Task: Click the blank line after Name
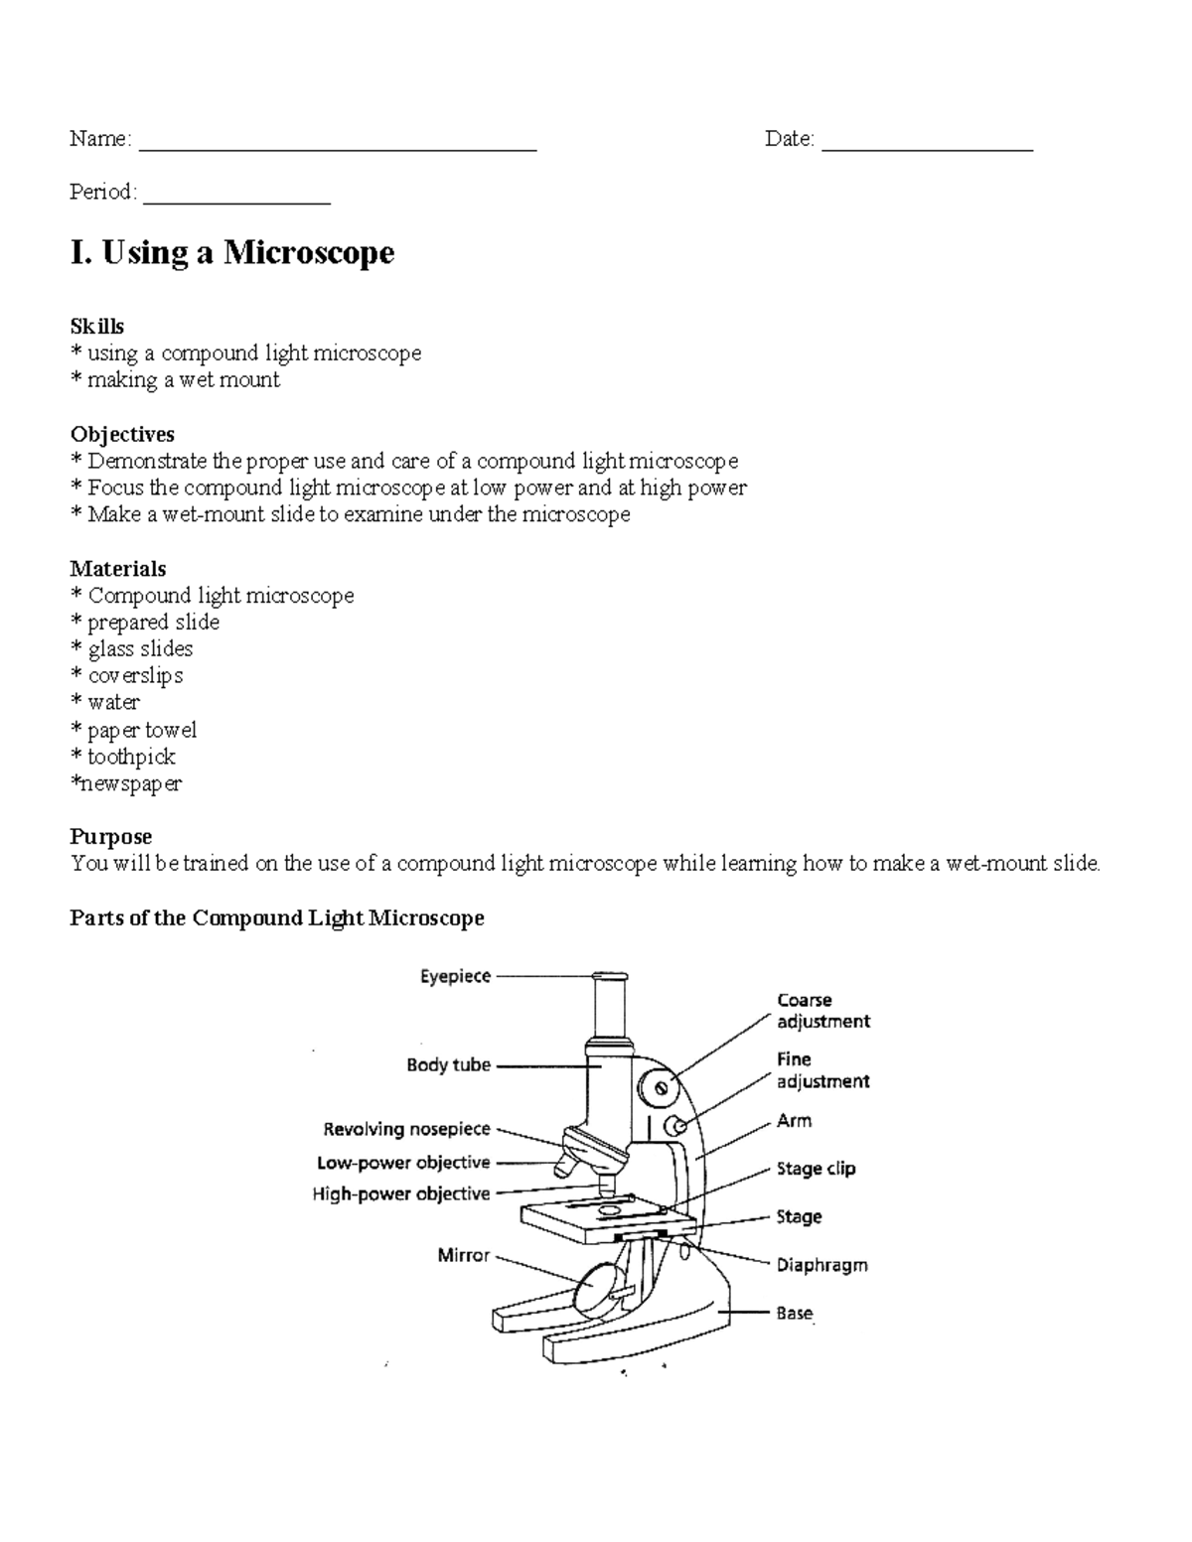(x=338, y=147)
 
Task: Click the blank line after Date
(x=927, y=147)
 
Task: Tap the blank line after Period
(x=236, y=201)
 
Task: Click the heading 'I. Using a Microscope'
(x=231, y=252)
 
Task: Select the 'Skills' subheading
(x=96, y=326)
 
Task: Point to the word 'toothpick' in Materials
(x=131, y=757)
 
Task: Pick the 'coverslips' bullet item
(x=135, y=676)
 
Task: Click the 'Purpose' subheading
(x=110, y=836)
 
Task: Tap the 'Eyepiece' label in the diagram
(x=455, y=976)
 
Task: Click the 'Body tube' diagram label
(x=448, y=1064)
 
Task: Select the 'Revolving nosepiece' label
(x=406, y=1129)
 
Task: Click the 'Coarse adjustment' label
(x=822, y=1011)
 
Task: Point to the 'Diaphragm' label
(x=821, y=1265)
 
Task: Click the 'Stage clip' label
(x=816, y=1169)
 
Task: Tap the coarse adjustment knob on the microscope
(x=659, y=1089)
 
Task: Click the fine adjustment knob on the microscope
(x=674, y=1126)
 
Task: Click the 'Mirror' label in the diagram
(x=464, y=1255)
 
